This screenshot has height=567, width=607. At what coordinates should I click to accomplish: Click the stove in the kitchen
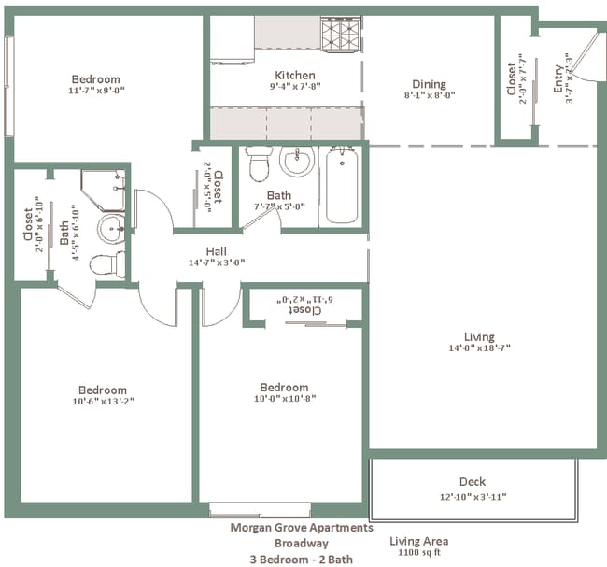341,35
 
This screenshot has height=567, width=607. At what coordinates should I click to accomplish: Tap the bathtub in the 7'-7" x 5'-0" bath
342,187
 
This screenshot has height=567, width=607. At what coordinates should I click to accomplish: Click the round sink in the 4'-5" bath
111,226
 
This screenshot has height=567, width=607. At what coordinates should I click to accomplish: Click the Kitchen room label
294,76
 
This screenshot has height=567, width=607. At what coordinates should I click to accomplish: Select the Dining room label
430,84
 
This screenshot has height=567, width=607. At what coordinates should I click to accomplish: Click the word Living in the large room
479,337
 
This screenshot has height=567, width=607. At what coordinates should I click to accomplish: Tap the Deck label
472,482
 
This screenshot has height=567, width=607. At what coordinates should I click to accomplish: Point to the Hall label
217,250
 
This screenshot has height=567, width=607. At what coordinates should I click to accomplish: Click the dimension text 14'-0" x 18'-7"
479,349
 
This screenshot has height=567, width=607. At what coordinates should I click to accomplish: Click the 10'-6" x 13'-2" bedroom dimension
102,403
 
